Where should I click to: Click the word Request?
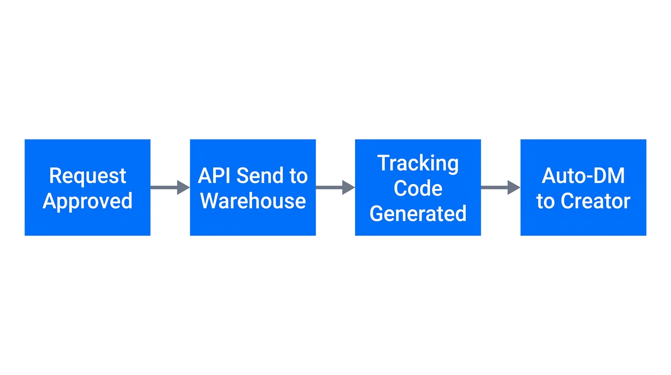pyautogui.click(x=87, y=176)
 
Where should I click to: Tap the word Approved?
pyautogui.click(x=87, y=201)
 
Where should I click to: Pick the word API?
pyautogui.click(x=215, y=176)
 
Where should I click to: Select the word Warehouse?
pyautogui.click(x=253, y=201)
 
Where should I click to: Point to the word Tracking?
pyautogui.click(x=418, y=163)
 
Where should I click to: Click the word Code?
pyautogui.click(x=418, y=188)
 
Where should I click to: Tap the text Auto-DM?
pyautogui.click(x=583, y=176)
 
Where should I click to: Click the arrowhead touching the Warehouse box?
pyautogui.click(x=183, y=187)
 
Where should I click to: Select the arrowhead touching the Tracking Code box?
pyautogui.click(x=349, y=187)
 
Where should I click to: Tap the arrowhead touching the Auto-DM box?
pyautogui.click(x=514, y=187)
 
